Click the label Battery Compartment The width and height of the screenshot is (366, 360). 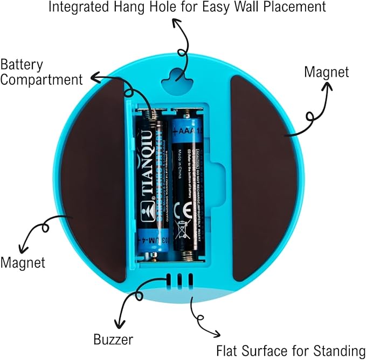coord(42,72)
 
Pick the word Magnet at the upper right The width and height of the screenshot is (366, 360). coord(327,72)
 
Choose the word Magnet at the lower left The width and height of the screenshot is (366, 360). coord(23,263)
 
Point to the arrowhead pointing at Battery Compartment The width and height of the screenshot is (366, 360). coord(93,79)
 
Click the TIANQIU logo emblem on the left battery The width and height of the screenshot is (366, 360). coord(146,208)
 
